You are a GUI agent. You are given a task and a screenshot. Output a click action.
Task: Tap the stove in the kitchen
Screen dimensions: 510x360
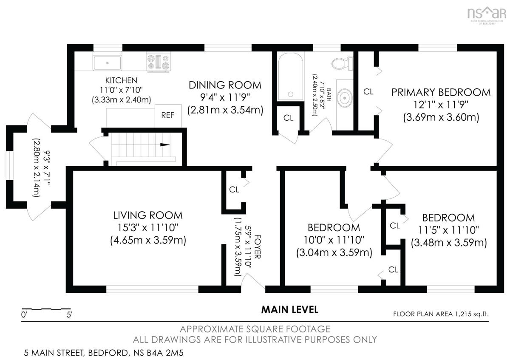point(158,62)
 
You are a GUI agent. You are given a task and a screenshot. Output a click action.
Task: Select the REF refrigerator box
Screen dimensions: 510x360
point(168,116)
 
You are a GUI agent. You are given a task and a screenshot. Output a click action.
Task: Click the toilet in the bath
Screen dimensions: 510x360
point(342,63)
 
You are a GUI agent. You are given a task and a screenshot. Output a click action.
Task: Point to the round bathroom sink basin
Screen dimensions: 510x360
point(345,98)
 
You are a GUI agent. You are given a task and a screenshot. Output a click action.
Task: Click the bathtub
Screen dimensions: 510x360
point(291,76)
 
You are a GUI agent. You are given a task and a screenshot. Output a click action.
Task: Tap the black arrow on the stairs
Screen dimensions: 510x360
point(165,145)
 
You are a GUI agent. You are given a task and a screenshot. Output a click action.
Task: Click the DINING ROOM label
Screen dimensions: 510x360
point(225,85)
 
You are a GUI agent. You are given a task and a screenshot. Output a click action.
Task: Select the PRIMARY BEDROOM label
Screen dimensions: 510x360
point(441,93)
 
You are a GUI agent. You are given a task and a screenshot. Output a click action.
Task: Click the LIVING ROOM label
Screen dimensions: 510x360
point(148,215)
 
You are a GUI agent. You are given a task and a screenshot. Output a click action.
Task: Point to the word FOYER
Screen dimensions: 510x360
point(257,247)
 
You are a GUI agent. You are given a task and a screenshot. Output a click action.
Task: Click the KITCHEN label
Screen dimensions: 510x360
point(121,80)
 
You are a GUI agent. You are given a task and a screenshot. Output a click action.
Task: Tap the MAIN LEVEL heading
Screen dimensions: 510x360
point(289,310)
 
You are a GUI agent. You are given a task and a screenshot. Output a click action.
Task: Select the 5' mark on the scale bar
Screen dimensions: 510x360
point(69,315)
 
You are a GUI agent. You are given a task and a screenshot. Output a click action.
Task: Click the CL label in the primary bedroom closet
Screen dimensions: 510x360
point(368,92)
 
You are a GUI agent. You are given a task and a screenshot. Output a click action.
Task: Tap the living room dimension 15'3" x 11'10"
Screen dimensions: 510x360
point(148,228)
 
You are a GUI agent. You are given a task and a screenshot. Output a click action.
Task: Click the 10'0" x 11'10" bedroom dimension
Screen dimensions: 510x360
point(334,240)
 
